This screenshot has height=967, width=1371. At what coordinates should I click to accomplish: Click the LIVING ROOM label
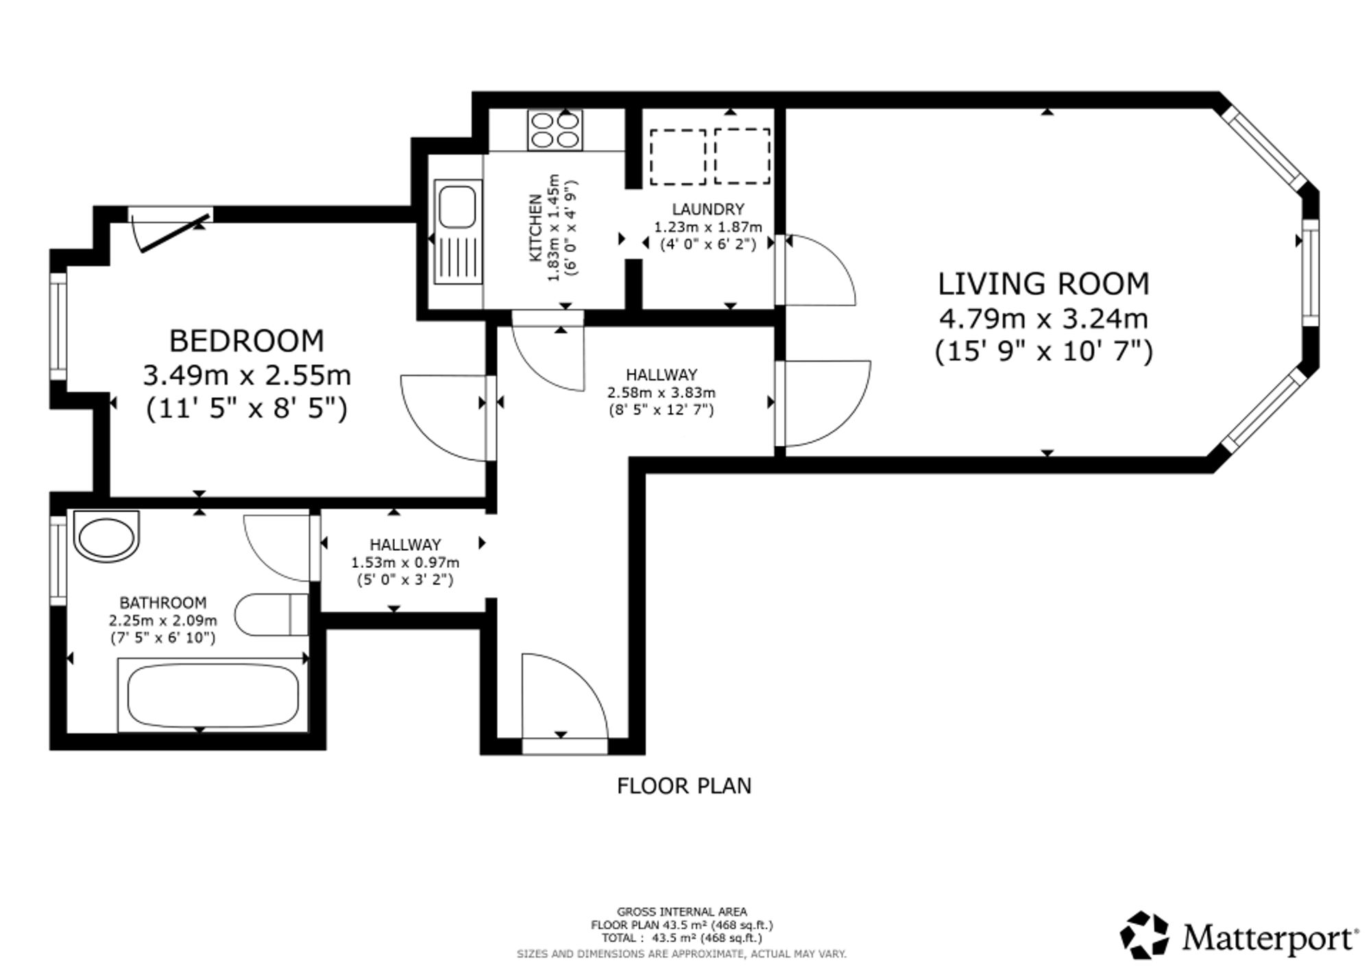pos(1043,284)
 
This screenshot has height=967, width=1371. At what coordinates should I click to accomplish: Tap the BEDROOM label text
pos(247,341)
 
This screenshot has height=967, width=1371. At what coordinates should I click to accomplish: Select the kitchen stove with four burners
pos(555,130)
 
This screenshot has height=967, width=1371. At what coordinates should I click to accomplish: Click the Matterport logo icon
pos(1144,934)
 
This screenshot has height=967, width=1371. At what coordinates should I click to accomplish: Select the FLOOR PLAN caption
pos(684,786)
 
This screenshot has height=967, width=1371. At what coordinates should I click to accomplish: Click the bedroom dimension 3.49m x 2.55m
pos(247,375)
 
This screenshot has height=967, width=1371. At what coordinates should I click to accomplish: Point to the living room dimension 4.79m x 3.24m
pos(1043,318)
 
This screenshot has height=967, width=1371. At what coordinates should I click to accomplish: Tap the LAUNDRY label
pos(708,209)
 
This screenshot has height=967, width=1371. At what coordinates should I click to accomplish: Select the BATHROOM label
pos(163,603)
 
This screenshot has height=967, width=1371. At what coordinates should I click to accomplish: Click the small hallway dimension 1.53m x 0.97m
pos(405,562)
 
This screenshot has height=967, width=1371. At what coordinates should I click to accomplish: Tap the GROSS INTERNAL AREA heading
pos(682,912)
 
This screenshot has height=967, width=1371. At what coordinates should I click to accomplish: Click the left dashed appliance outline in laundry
pos(678,156)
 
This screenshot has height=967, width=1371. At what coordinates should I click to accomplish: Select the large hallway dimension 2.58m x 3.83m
pos(662,393)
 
